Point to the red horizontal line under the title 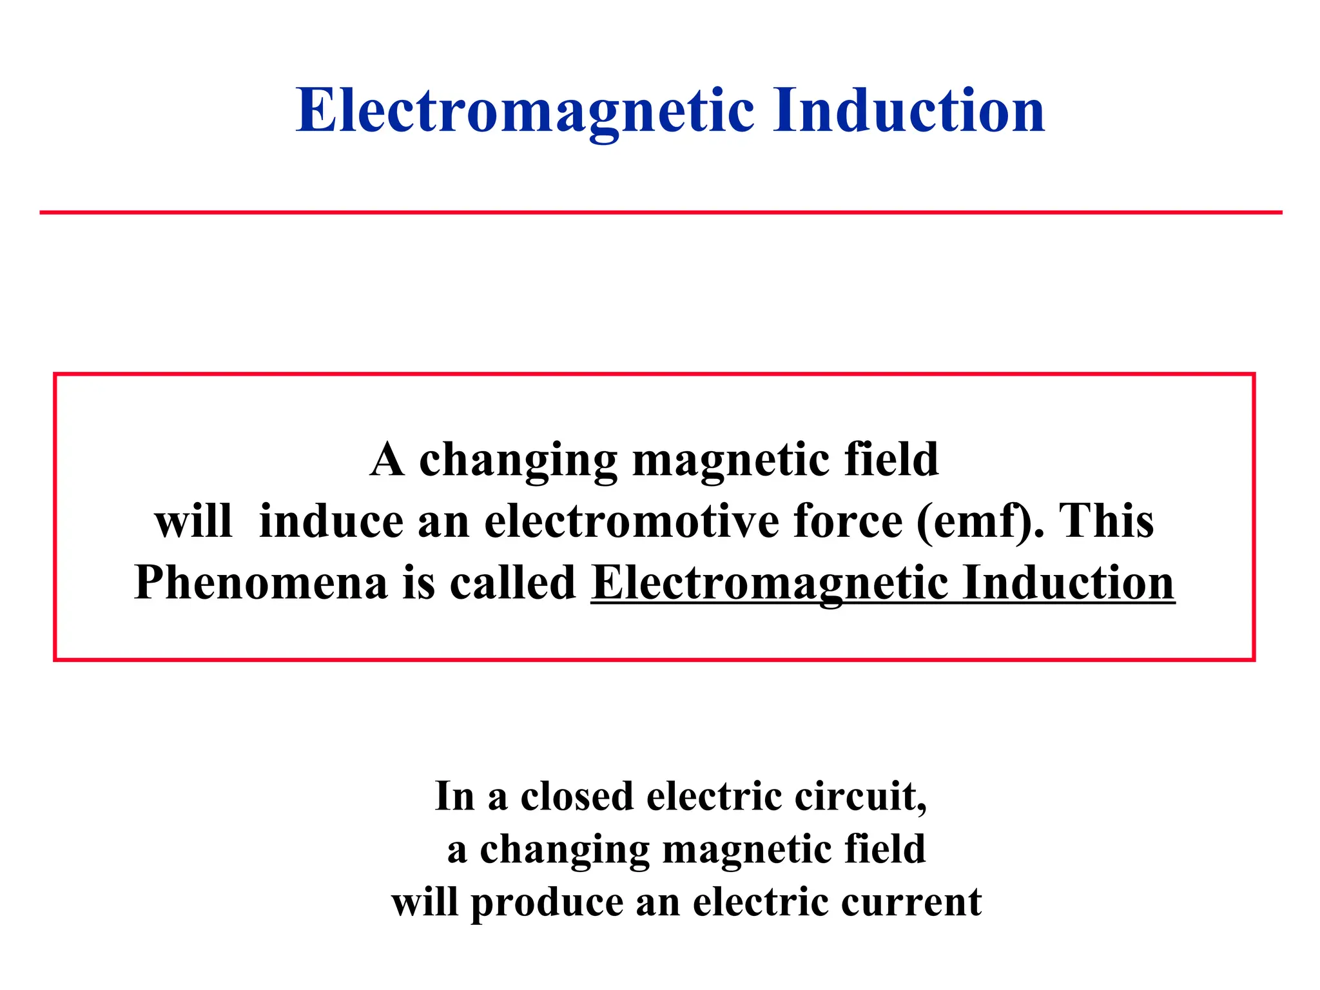point(660,212)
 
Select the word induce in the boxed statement point(331,521)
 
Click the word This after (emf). point(1106,521)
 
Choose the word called point(512,582)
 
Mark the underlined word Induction point(1068,582)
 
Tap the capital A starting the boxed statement point(387,460)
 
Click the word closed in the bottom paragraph point(577,797)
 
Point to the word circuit point(860,797)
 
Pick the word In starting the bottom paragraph point(454,797)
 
